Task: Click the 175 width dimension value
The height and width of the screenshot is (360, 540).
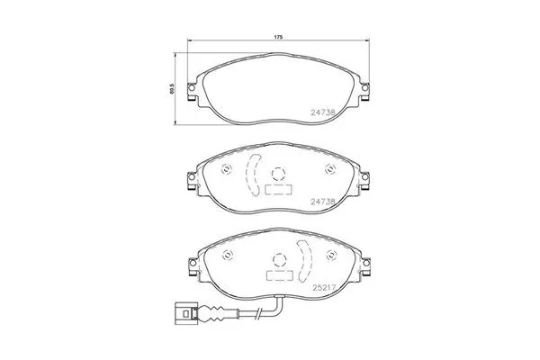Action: tap(278, 36)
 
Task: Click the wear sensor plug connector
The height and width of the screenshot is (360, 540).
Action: tap(186, 315)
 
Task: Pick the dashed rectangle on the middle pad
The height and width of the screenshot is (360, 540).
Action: tap(278, 192)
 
